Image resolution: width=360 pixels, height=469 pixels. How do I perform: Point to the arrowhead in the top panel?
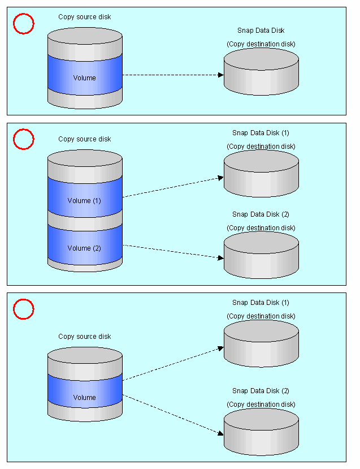pos(221,75)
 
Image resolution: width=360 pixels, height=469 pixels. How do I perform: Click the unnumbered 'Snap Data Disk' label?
pos(261,31)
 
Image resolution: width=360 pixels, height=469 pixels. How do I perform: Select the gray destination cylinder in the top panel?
pos(261,72)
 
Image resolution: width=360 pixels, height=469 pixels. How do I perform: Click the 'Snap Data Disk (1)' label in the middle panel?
pos(261,133)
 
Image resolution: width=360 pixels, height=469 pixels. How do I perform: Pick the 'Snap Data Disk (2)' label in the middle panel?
pos(261,214)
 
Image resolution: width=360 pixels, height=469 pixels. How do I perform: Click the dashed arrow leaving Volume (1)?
pos(174,187)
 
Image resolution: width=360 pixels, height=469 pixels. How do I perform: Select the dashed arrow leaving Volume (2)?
pos(174,252)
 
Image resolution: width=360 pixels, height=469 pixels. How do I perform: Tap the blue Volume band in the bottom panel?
pos(85,391)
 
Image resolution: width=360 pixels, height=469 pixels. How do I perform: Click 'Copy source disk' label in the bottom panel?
pos(85,337)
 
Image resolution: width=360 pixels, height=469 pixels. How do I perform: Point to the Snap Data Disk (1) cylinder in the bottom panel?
pos(261,343)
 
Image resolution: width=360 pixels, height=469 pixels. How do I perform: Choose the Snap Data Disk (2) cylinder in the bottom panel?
pos(261,432)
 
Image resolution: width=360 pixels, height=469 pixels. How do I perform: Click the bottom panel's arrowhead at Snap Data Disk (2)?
pos(220,433)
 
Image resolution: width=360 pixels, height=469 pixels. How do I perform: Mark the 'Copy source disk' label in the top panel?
pos(85,17)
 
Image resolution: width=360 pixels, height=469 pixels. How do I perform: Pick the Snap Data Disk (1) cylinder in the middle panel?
pos(261,174)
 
